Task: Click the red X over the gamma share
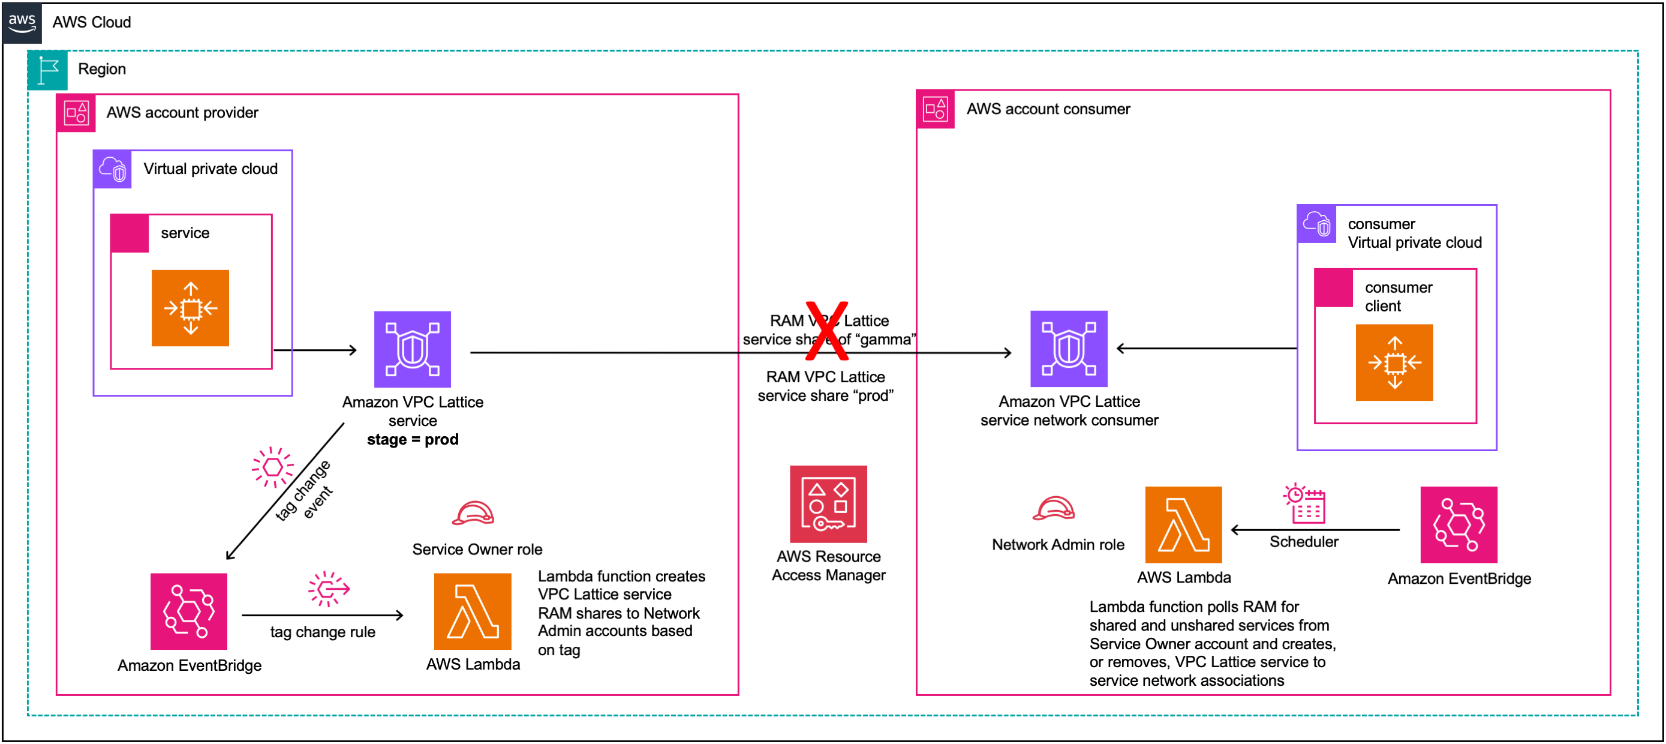click(x=826, y=331)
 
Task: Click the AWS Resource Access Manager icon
click(x=828, y=504)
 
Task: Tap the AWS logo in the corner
click(x=22, y=23)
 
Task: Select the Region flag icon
click(x=47, y=70)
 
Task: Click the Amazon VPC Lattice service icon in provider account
click(x=412, y=349)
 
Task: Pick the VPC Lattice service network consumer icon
click(x=1069, y=349)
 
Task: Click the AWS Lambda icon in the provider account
click(x=472, y=611)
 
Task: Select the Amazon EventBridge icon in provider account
click(x=189, y=611)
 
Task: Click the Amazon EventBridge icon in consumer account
click(x=1458, y=524)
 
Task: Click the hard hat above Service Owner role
click(x=473, y=514)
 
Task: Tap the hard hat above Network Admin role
click(x=1054, y=509)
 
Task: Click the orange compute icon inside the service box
click(x=190, y=308)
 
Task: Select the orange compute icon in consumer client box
click(x=1394, y=362)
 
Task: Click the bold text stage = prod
click(x=413, y=439)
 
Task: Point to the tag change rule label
click(x=322, y=632)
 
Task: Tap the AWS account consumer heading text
click(x=1048, y=109)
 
